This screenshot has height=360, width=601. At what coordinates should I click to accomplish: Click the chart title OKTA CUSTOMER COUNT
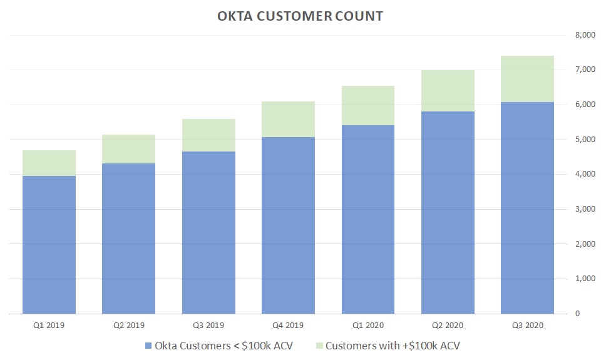click(x=300, y=16)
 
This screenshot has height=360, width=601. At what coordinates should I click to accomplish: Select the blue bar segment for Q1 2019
click(x=49, y=244)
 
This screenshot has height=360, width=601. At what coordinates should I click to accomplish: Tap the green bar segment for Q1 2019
click(x=49, y=163)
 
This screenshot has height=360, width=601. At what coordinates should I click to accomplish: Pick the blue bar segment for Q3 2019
click(x=208, y=232)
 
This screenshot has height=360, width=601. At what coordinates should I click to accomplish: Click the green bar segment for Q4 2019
click(x=289, y=119)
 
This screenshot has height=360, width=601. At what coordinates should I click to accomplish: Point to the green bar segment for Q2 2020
click(x=448, y=91)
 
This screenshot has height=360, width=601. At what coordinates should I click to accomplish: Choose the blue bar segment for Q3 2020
click(x=528, y=207)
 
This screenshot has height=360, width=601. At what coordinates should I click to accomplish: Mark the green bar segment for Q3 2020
click(x=528, y=79)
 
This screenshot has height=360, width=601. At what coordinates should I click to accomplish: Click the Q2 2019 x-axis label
click(x=129, y=326)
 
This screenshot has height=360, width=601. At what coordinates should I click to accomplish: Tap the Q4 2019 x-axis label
click(x=289, y=326)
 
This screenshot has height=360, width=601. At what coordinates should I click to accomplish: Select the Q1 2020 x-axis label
click(x=368, y=326)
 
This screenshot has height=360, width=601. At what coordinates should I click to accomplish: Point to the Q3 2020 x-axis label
click(x=528, y=326)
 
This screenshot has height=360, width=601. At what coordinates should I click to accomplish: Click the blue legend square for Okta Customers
click(x=148, y=346)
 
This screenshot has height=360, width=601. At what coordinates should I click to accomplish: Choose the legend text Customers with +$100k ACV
click(x=393, y=346)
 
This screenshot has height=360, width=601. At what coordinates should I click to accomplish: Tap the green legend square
click(x=319, y=346)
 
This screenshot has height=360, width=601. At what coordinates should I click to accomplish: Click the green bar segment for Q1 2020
click(x=368, y=105)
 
